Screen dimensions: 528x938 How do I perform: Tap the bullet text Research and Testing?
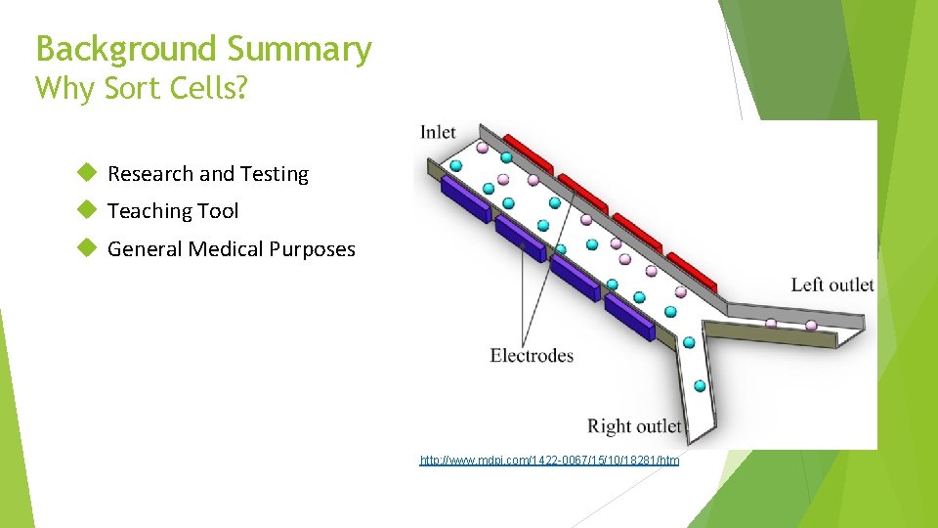pos(207,174)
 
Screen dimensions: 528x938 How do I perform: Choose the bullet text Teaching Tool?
pos(172,211)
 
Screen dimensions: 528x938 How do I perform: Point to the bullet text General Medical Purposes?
pos(231,249)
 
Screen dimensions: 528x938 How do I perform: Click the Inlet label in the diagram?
pos(438,132)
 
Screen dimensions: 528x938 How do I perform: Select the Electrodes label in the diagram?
pos(532,355)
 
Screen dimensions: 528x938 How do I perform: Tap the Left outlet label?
pos(832,285)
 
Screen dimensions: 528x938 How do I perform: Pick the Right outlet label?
pos(634,425)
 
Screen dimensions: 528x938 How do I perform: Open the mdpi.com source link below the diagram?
pos(549,460)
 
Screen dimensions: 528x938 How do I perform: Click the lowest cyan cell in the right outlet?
pos(700,385)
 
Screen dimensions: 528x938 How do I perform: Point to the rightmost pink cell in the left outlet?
pos(810,326)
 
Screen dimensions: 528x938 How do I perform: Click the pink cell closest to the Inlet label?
pos(482,148)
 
